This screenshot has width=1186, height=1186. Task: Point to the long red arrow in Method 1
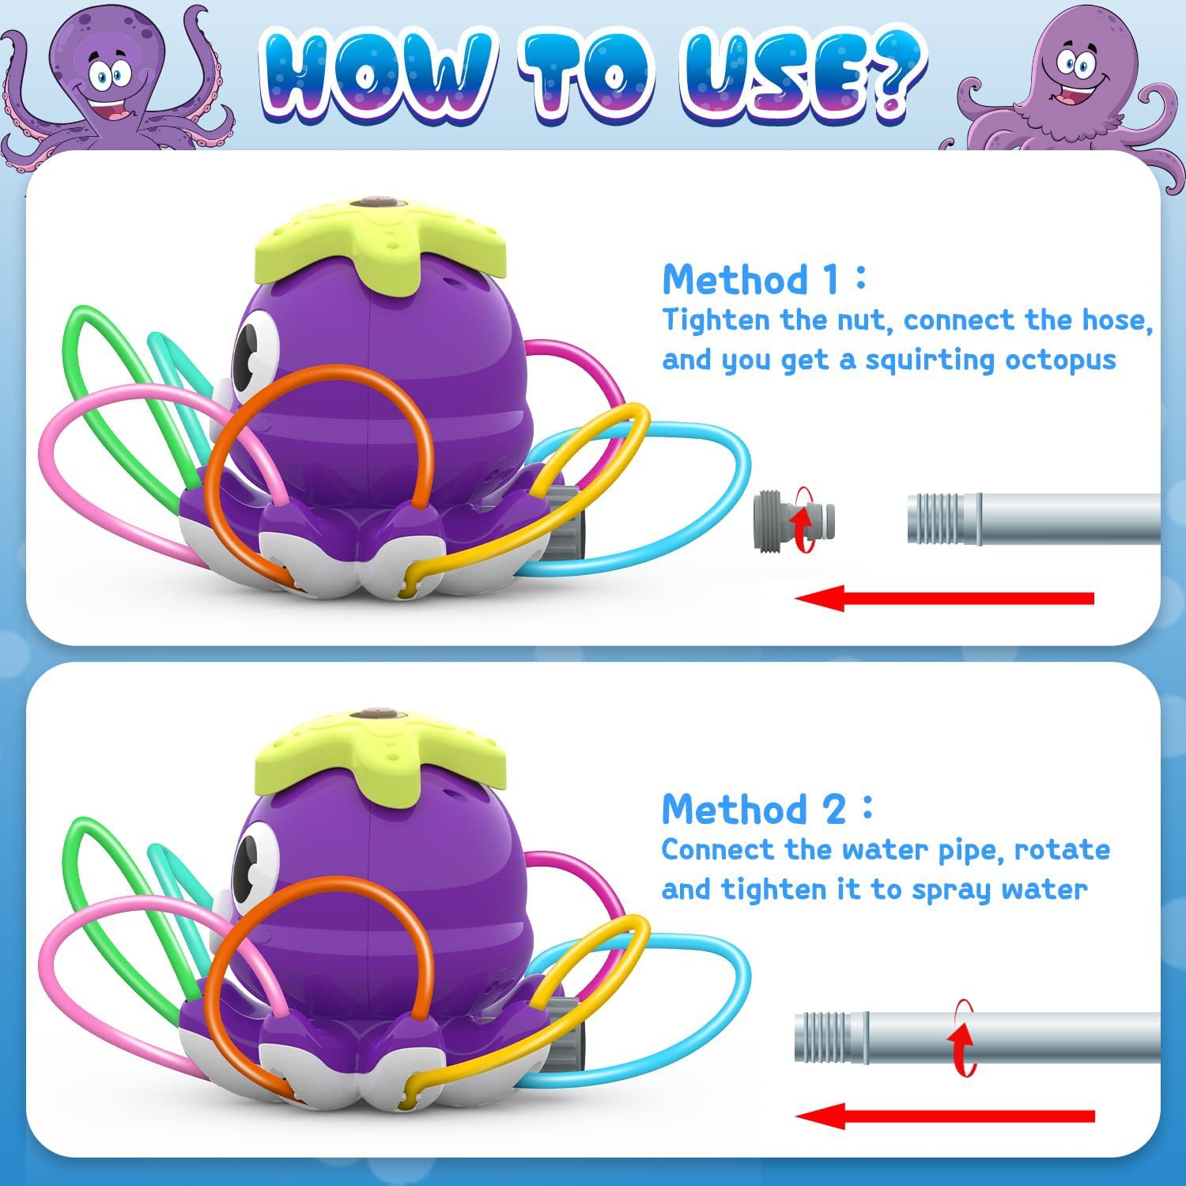coord(944,598)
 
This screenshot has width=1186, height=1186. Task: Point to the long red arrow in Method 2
coord(945,1116)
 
